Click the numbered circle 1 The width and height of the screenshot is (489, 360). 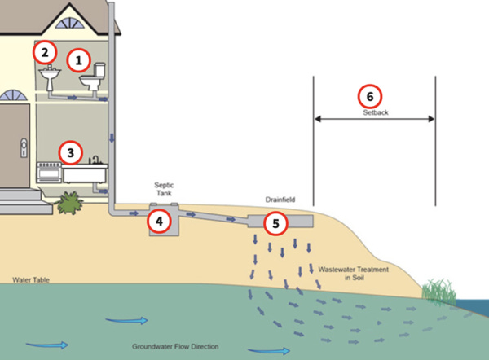pyautogui.click(x=79, y=59)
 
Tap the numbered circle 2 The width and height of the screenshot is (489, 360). pyautogui.click(x=44, y=52)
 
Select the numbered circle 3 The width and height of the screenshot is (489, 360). pyautogui.click(x=71, y=151)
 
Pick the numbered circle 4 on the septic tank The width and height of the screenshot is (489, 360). pyautogui.click(x=159, y=220)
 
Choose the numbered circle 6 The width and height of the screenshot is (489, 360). pyautogui.click(x=370, y=95)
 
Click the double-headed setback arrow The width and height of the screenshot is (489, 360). pyautogui.click(x=374, y=120)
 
